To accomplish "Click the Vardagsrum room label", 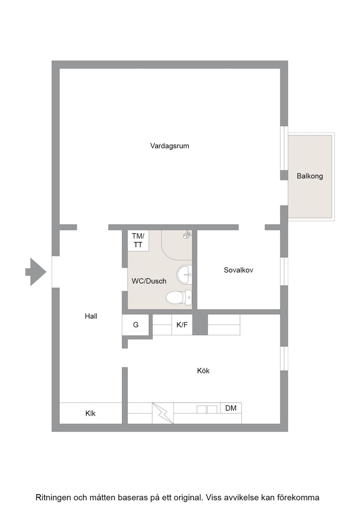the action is point(170,146).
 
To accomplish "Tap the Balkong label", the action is point(310,176).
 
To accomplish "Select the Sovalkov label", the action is point(238,270).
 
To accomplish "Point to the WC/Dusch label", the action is point(149,281).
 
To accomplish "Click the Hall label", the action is point(91,316).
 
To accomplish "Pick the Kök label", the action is point(203,371).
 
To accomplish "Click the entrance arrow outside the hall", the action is point(36,272).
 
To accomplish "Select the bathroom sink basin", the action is point(185,274).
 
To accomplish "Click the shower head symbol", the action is point(187,235).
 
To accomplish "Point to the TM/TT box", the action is point(138,240).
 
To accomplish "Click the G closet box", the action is point(136,324).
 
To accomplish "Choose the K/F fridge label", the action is point(182,324).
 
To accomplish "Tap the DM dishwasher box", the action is point(231,408).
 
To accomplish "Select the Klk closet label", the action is point(90,413).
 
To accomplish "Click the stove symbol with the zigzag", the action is point(163,413).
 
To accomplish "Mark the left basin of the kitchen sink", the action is point(202,409).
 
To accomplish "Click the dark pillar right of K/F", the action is point(200,324).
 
